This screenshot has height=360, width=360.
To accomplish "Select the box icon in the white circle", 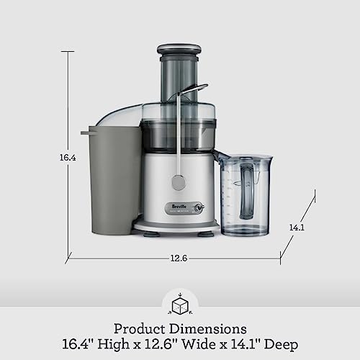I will click(179, 306).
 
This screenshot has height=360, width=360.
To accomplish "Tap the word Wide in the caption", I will click(208, 344).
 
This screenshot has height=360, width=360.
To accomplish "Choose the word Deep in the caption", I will click(281, 344).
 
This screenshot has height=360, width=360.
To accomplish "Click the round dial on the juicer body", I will click(179, 183).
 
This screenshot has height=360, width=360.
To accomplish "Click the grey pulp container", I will click(109, 180).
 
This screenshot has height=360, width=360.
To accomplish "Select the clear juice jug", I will click(245, 194).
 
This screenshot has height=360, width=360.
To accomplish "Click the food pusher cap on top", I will click(179, 50).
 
